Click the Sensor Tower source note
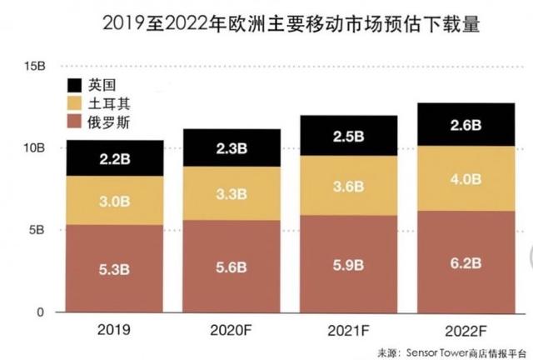click(x=454, y=351)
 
